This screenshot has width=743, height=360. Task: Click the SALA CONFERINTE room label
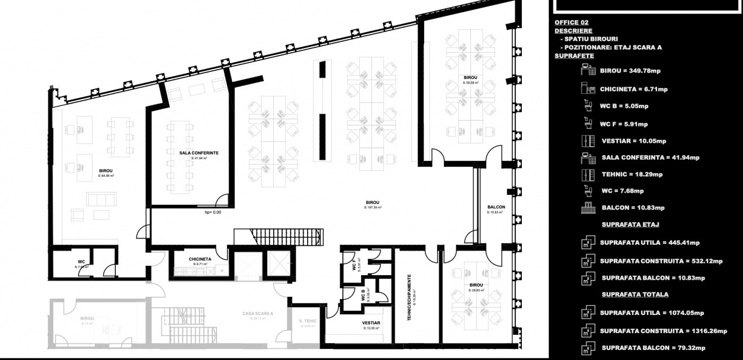[x=199, y=152]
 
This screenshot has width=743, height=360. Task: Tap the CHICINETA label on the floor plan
[x=200, y=259]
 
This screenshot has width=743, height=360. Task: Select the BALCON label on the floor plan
[x=496, y=207]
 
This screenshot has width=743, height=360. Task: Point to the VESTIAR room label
[x=371, y=323]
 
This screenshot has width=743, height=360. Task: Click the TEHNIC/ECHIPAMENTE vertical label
[x=409, y=296]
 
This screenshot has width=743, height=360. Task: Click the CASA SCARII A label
[x=258, y=314]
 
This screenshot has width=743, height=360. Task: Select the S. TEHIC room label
[x=308, y=321]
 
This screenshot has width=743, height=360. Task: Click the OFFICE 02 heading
[x=572, y=22]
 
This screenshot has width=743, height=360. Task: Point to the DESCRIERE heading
[x=573, y=30]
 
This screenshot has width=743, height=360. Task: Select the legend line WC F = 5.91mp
[x=624, y=124]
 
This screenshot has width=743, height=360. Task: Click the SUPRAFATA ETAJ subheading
[x=631, y=224]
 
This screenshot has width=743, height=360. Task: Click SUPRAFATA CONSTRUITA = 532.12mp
[x=662, y=261]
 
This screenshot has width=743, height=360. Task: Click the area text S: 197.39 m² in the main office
[x=373, y=207]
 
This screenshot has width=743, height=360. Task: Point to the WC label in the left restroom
[x=81, y=262]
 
